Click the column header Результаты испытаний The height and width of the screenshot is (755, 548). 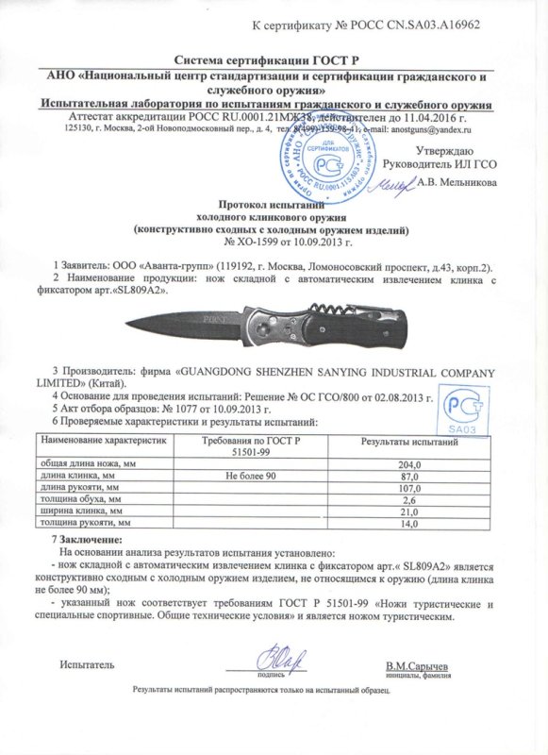click(x=410, y=443)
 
